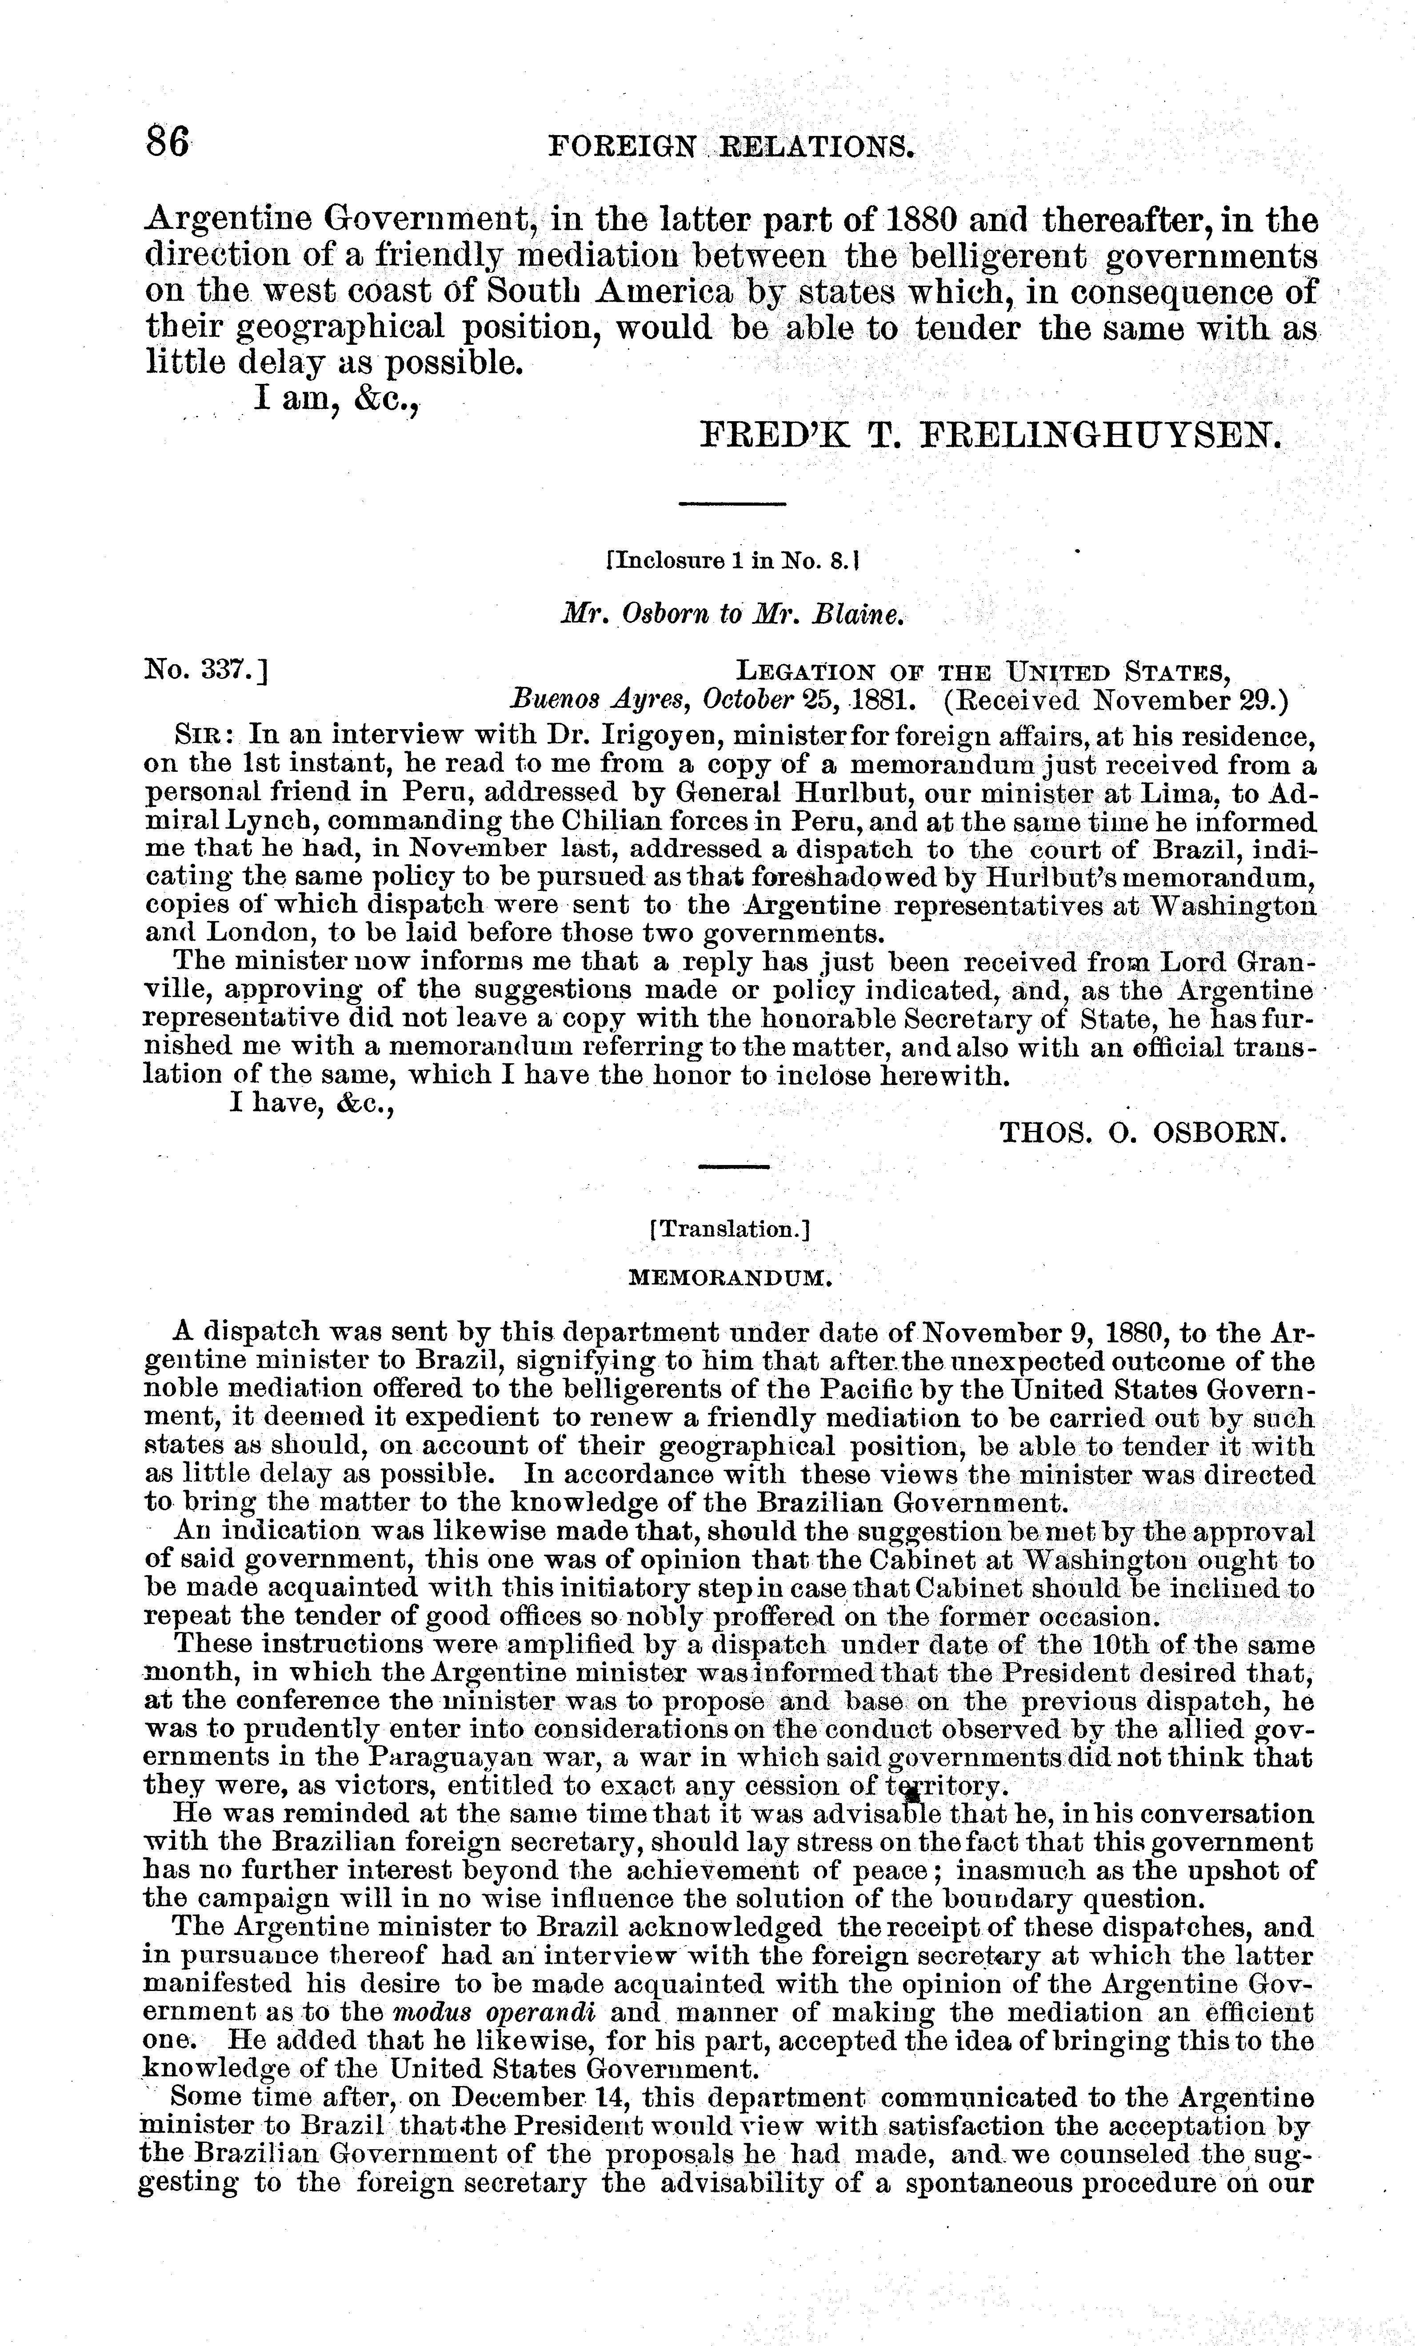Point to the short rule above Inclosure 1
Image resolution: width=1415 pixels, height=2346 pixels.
(731, 503)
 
